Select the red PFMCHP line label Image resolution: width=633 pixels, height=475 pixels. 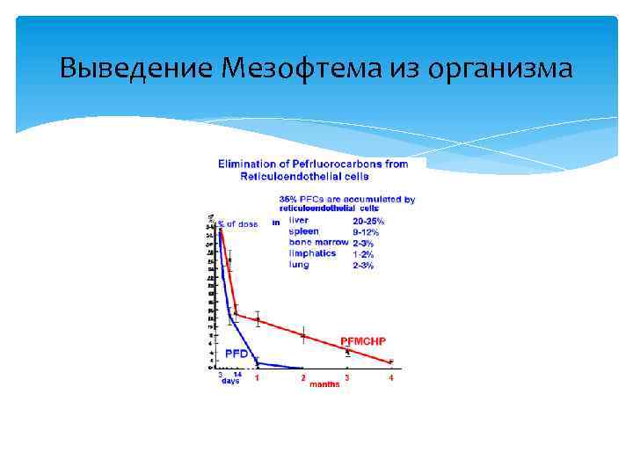pyautogui.click(x=362, y=340)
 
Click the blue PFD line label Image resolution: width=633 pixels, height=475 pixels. pyautogui.click(x=236, y=353)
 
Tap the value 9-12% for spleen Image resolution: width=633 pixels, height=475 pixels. pyautogui.click(x=367, y=232)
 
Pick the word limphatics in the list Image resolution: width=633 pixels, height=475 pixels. pyautogui.click(x=312, y=253)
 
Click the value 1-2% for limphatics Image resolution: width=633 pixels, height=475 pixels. pyautogui.click(x=363, y=254)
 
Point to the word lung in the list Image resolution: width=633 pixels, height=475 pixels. pyautogui.click(x=299, y=264)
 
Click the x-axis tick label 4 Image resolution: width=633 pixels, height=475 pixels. pyautogui.click(x=391, y=377)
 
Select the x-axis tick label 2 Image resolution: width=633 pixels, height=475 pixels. pyautogui.click(x=303, y=377)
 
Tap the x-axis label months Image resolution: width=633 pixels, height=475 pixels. pyautogui.click(x=324, y=384)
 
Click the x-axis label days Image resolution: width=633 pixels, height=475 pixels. pyautogui.click(x=229, y=381)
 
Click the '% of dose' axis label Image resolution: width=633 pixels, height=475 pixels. pyautogui.click(x=238, y=224)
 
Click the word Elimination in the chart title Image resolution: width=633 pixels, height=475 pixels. pyautogui.click(x=249, y=164)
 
